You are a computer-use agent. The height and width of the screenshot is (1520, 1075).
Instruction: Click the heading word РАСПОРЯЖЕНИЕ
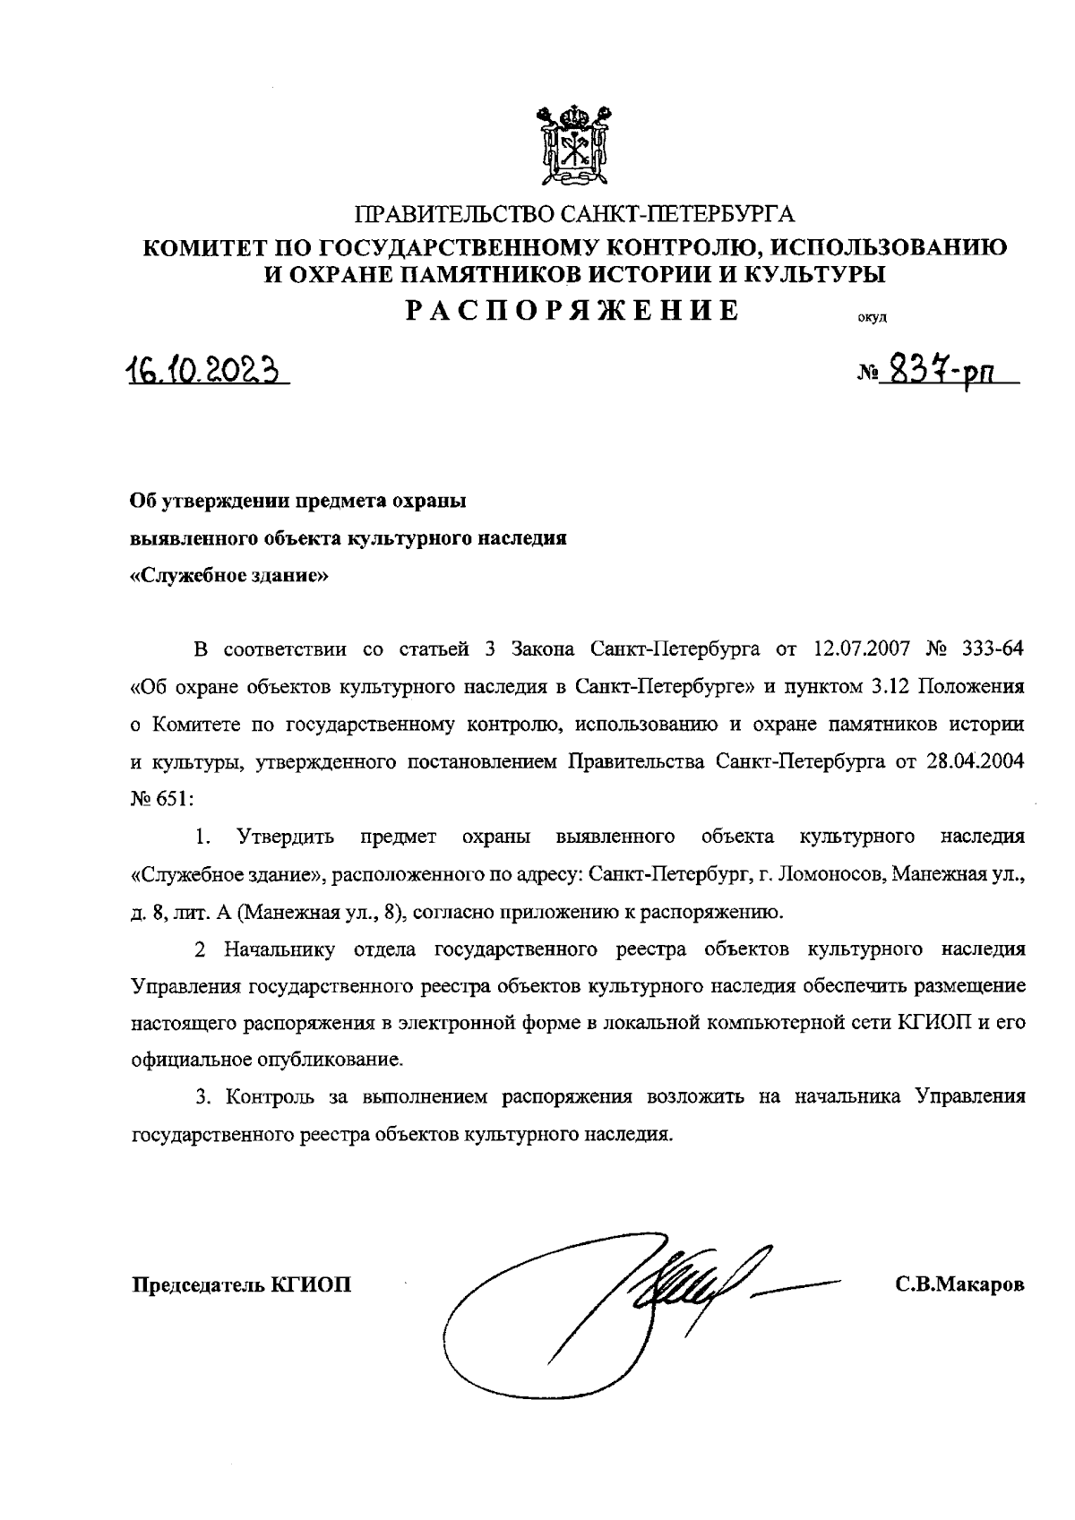click(x=573, y=310)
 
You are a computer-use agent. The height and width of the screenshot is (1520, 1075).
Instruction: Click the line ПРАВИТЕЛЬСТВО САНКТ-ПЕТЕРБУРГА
click(x=575, y=215)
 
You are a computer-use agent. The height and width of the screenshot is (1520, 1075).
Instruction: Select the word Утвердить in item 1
click(x=286, y=837)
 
